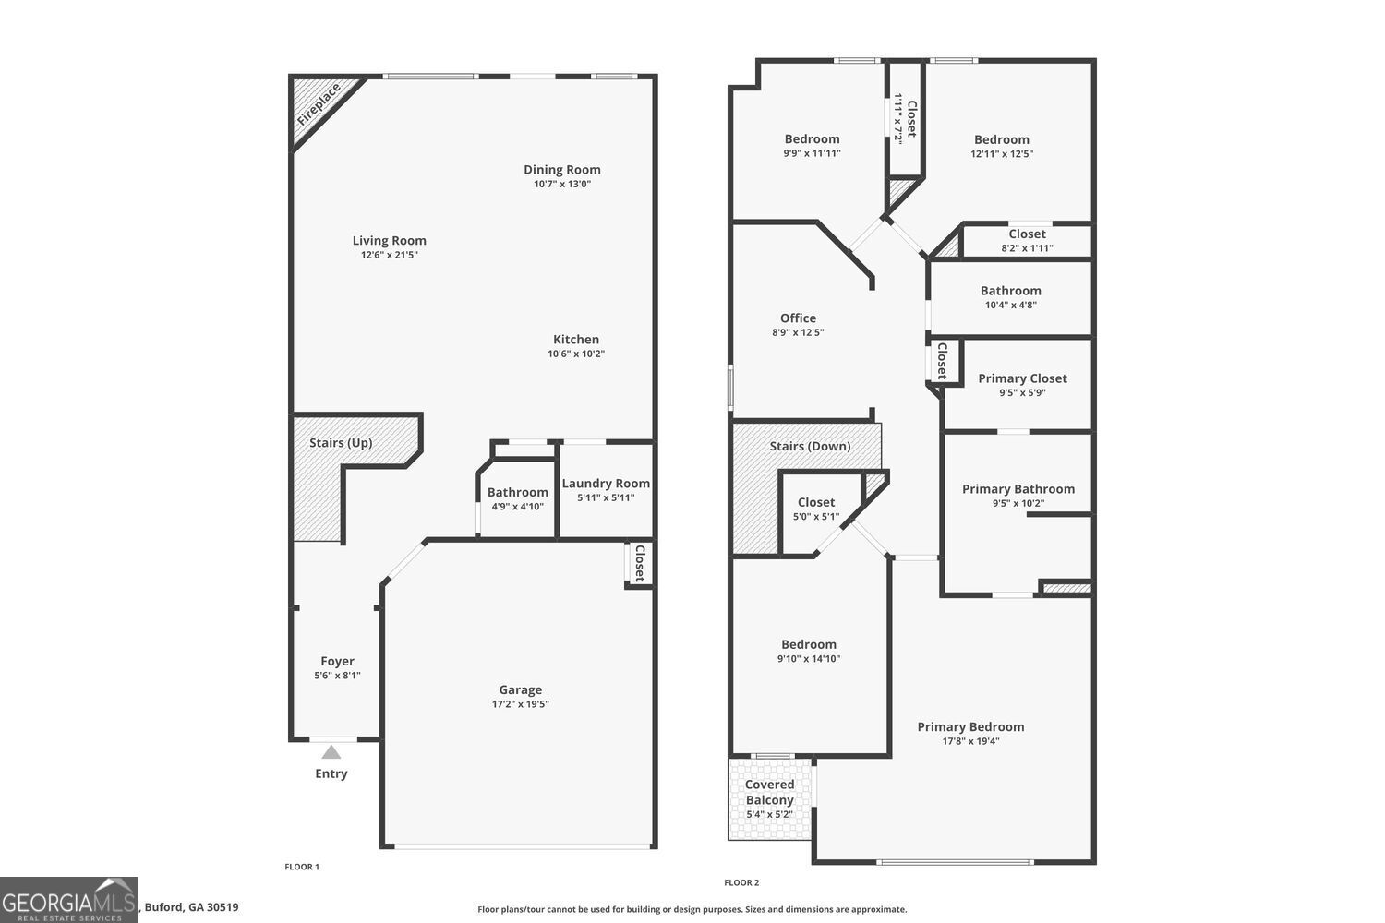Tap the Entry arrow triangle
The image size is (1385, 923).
[331, 752]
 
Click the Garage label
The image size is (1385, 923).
[521, 689]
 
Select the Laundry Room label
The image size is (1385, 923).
[606, 484]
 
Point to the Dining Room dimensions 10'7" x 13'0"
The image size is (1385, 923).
[562, 184]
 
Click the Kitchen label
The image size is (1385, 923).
[576, 340]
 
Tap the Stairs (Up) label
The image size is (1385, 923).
[341, 443]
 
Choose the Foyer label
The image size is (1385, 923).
[337, 661]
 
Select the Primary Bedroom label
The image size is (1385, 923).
[970, 727]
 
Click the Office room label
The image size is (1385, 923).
[798, 318]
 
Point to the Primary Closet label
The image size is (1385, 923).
[1022, 378]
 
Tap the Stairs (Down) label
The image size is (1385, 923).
[810, 447]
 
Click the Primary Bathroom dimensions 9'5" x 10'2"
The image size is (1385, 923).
[1018, 503]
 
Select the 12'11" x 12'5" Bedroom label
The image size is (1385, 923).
[1002, 140]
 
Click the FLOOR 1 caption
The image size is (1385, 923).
[302, 867]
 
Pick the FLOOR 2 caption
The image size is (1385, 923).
[741, 882]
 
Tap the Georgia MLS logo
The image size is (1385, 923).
[69, 900]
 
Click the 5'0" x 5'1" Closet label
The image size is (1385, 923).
[816, 503]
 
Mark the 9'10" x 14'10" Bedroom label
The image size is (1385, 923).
[809, 645]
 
